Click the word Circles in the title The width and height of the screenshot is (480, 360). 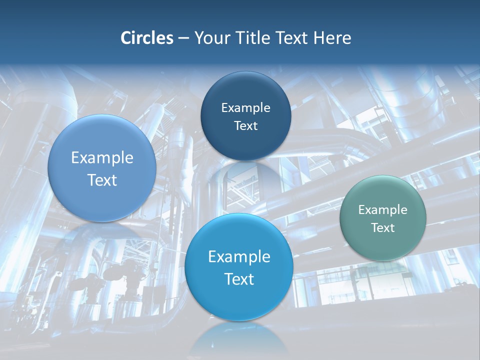click(147, 38)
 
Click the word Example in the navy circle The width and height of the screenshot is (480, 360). click(245, 108)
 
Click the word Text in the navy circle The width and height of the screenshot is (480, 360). click(245, 126)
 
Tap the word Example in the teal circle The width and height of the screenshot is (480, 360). click(383, 210)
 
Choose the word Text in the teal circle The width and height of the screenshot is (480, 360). click(383, 228)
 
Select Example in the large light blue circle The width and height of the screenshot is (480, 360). click(102, 158)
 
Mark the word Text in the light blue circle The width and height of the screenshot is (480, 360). click(102, 180)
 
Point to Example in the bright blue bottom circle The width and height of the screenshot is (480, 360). click(239, 257)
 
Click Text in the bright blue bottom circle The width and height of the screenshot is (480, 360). click(239, 279)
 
